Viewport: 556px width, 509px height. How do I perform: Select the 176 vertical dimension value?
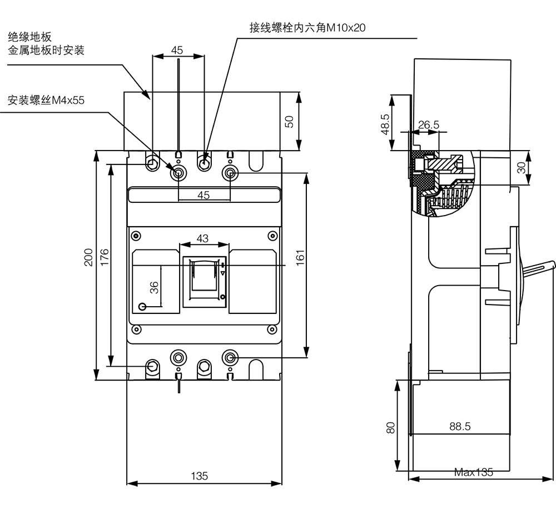pyautogui.click(x=105, y=258)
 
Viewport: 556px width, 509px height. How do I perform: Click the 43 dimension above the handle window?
pyautogui.click(x=202, y=238)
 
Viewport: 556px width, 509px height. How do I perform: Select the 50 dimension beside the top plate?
pyautogui.click(x=289, y=121)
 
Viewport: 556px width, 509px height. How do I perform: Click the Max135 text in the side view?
pyautogui.click(x=474, y=473)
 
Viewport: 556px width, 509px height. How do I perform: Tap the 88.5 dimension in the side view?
pyautogui.click(x=460, y=426)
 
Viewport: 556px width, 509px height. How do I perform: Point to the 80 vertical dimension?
pyautogui.click(x=391, y=427)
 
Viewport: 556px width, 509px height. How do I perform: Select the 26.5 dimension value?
pyautogui.click(x=428, y=125)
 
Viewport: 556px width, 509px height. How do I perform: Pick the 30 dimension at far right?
pyautogui.click(x=521, y=167)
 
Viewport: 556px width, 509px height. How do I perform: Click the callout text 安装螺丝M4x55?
pyautogui.click(x=46, y=101)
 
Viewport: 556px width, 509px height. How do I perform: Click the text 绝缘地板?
pyautogui.click(x=29, y=38)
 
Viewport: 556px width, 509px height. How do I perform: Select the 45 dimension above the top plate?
pyautogui.click(x=177, y=50)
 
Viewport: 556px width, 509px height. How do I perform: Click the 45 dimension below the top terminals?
pyautogui.click(x=203, y=195)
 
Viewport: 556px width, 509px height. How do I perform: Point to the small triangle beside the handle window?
pyautogui.click(x=223, y=273)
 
